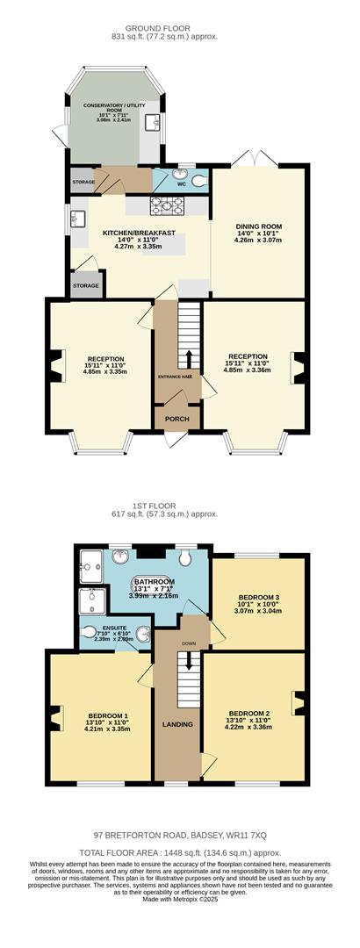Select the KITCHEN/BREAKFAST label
[139, 233]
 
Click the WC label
[182, 185]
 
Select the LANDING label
[177, 724]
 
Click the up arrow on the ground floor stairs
[189, 357]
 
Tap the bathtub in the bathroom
[154, 588]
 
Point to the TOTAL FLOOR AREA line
[179, 851]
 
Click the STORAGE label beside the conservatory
[83, 182]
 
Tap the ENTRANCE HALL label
[176, 377]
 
